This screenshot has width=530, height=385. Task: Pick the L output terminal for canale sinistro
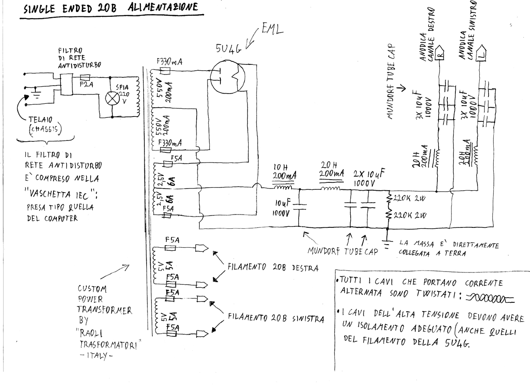[482, 54]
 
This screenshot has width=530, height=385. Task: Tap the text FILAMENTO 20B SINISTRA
[276, 318]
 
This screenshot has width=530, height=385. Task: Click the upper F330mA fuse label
[170, 62]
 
